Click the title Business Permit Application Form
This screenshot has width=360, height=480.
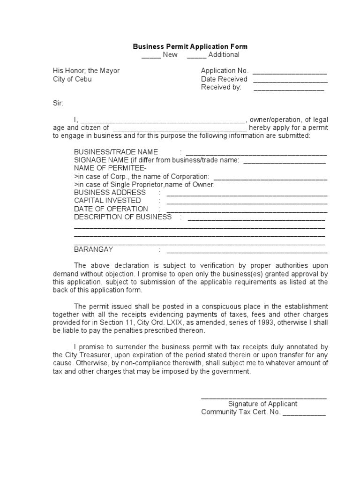190,46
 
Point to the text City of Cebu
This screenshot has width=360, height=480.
72,79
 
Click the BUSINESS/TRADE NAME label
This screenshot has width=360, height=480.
116,152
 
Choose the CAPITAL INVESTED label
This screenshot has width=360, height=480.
107,201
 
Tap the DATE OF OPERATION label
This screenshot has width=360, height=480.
111,209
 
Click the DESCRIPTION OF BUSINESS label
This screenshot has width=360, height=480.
123,217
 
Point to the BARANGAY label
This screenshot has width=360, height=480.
93,249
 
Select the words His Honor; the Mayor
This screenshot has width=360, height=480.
86,71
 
